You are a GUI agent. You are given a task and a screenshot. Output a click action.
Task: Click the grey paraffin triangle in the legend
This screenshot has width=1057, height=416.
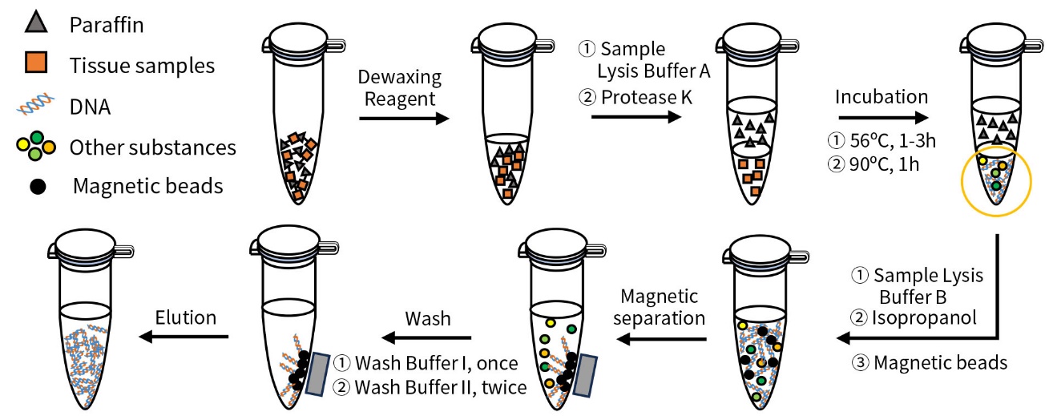pyautogui.click(x=36, y=22)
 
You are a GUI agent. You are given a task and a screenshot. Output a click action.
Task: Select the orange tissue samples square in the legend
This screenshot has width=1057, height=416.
pyautogui.click(x=36, y=63)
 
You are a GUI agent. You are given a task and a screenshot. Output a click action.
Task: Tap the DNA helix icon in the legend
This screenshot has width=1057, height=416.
pyautogui.click(x=35, y=104)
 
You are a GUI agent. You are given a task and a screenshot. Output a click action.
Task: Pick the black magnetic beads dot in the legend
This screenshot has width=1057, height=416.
pyautogui.click(x=38, y=187)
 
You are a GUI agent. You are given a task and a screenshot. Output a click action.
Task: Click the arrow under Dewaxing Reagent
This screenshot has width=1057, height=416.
pyautogui.click(x=404, y=118)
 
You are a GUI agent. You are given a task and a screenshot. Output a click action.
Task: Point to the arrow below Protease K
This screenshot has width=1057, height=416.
pyautogui.click(x=636, y=116)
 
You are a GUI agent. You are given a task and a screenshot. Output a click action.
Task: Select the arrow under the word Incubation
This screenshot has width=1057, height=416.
pyautogui.click(x=883, y=118)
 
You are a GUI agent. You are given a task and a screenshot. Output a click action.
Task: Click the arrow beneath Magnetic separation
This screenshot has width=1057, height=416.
pyautogui.click(x=662, y=339)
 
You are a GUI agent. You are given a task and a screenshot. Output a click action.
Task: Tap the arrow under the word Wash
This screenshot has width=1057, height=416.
pyautogui.click(x=426, y=337)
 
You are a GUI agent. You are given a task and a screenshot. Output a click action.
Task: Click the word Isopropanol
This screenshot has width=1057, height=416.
pyautogui.click(x=924, y=317)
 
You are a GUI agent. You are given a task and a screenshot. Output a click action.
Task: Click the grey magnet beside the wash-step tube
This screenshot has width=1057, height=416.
pyautogui.click(x=317, y=374)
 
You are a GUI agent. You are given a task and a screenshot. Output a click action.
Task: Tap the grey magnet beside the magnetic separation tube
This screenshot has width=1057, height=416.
pyautogui.click(x=585, y=376)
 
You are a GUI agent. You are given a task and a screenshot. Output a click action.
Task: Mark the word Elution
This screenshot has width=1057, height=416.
pyautogui.click(x=186, y=317)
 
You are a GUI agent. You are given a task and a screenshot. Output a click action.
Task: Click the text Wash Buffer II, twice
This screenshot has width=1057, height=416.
pyautogui.click(x=440, y=387)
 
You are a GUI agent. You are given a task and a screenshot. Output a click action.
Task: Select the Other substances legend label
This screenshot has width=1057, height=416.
pyautogui.click(x=153, y=147)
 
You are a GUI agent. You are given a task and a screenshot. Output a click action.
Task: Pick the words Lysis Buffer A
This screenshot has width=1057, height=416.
pyautogui.click(x=654, y=71)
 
